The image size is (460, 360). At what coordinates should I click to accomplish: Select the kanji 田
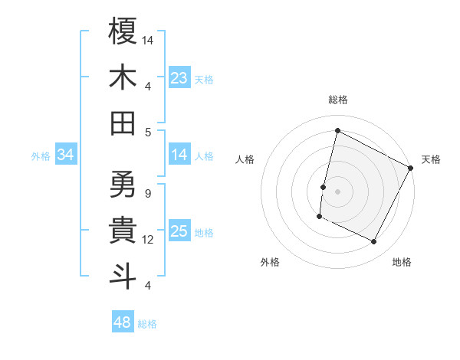tap(123, 122)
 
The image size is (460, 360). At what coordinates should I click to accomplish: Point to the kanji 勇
tap(123, 184)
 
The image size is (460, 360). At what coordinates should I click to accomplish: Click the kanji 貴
tap(123, 229)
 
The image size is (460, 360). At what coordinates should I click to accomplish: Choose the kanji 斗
tap(123, 275)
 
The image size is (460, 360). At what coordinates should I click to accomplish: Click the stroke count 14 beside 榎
tap(149, 39)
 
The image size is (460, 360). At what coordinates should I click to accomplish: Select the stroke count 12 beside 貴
tap(149, 239)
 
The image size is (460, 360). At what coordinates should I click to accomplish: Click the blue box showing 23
tap(179, 78)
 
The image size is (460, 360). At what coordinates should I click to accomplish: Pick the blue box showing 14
tap(179, 155)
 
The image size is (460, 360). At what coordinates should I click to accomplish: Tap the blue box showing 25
tap(179, 232)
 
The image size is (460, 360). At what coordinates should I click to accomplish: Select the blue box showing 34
tap(66, 155)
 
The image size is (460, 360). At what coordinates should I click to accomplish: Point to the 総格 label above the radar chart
tap(338, 100)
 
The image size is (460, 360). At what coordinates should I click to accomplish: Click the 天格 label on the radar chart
tap(431, 159)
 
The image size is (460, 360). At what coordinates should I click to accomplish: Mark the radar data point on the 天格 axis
tap(411, 168)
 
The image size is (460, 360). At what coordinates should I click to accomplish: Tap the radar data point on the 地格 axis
tap(374, 242)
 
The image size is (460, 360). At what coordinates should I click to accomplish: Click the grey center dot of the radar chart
tap(338, 191)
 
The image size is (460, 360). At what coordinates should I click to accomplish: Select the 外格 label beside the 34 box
tap(41, 156)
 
